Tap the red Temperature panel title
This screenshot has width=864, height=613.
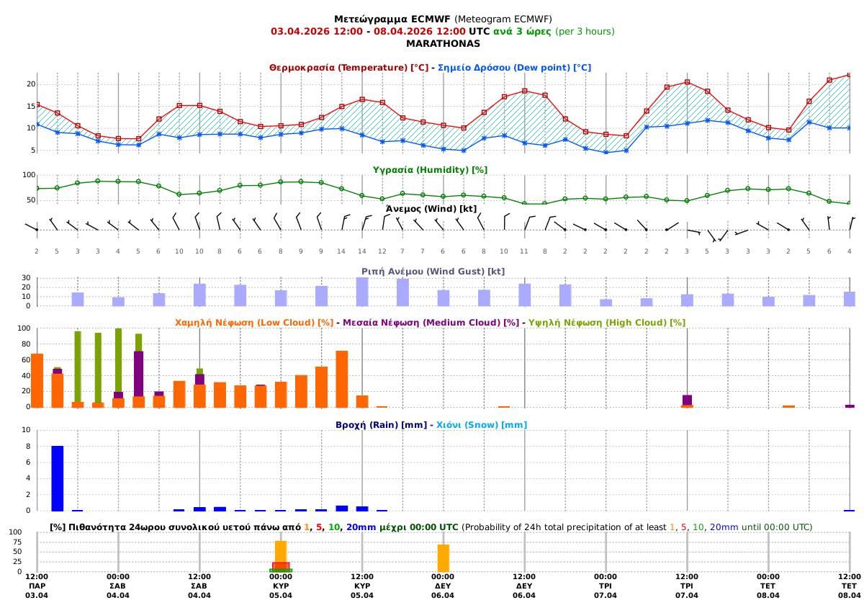348,67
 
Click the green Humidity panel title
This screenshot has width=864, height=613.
430,169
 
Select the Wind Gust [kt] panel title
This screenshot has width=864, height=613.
433,271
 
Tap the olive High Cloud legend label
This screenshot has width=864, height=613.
606,322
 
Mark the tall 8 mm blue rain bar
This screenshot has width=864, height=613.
58,478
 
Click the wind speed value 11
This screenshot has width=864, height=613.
524,251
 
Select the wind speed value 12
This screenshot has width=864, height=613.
382,251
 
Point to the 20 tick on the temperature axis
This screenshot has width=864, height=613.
31,84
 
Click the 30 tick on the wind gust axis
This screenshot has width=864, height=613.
26,277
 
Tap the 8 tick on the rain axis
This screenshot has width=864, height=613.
27,447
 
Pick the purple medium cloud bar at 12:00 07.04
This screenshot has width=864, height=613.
687,400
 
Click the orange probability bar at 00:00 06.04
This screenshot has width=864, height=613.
443,558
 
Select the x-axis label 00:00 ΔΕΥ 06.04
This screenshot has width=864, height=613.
443,586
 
